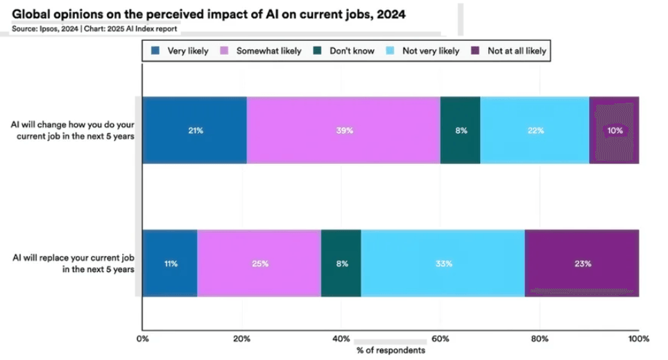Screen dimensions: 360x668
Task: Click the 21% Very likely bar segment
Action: tap(194, 130)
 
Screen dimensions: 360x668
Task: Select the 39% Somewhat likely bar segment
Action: tap(343, 130)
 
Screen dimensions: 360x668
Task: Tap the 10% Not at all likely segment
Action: tap(614, 130)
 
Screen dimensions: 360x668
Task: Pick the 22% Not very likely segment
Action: tap(534, 130)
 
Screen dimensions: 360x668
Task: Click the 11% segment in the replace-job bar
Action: tap(170, 264)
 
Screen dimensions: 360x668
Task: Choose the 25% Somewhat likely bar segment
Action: tap(259, 264)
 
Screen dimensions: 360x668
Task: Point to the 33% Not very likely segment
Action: tap(443, 264)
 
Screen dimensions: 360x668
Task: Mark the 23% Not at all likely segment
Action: tap(581, 264)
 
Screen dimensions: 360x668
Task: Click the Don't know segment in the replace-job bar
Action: tap(341, 264)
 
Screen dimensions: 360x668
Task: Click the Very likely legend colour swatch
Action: tap(156, 51)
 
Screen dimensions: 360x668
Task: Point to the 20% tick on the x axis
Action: tap(241, 339)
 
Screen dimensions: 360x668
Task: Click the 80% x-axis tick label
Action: tap(539, 339)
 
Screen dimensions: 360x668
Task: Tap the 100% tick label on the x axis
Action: tap(638, 339)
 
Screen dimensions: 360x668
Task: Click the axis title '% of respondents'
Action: tap(391, 350)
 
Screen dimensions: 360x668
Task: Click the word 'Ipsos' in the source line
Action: tap(51, 28)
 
